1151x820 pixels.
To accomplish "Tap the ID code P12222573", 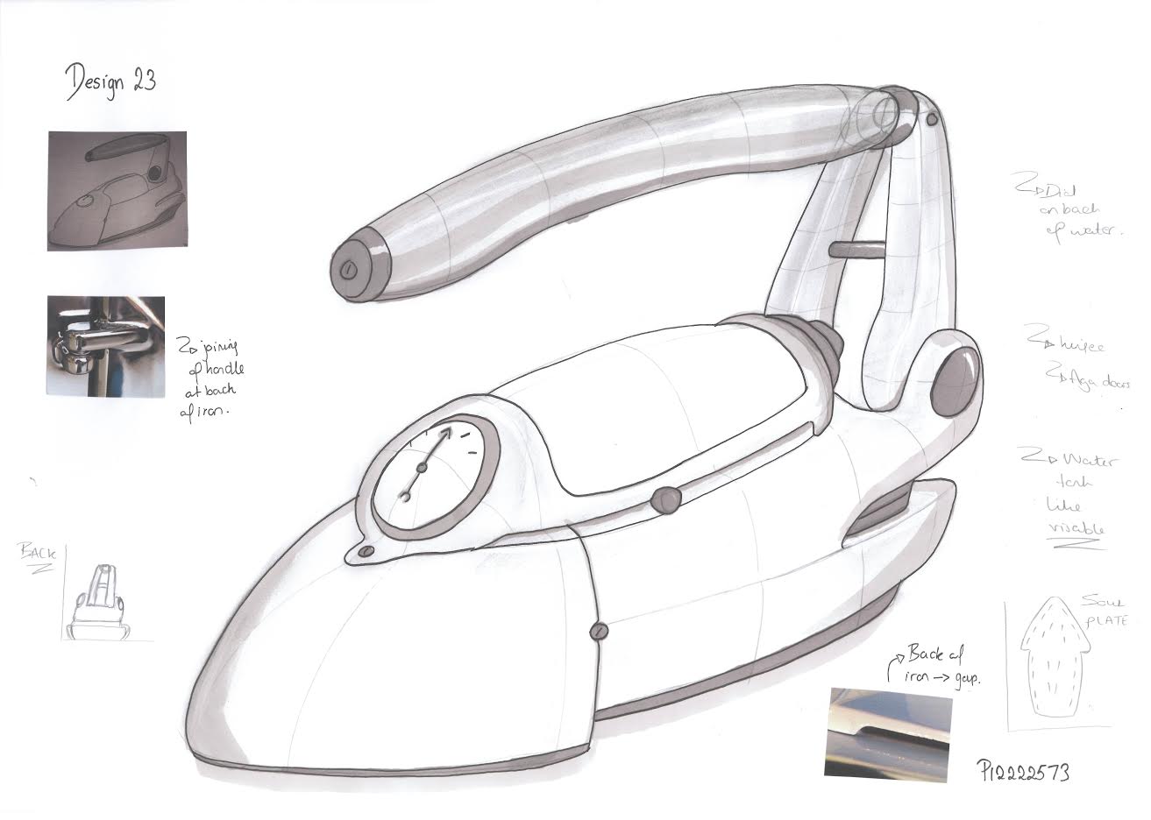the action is [x=1023, y=770].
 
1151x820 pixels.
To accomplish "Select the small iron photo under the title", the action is [x=117, y=190].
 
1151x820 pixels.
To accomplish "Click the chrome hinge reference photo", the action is [x=105, y=345].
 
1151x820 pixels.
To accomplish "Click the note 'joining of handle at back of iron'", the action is [x=209, y=377].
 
